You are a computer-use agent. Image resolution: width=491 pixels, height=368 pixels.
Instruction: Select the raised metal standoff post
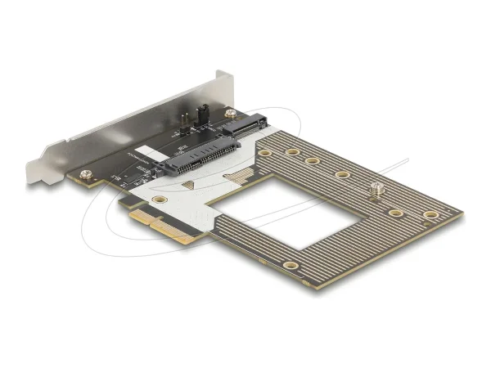(376, 190)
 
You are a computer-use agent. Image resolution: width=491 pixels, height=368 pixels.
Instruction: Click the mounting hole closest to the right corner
(430, 215)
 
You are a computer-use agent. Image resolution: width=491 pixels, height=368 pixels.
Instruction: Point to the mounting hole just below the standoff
(395, 213)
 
